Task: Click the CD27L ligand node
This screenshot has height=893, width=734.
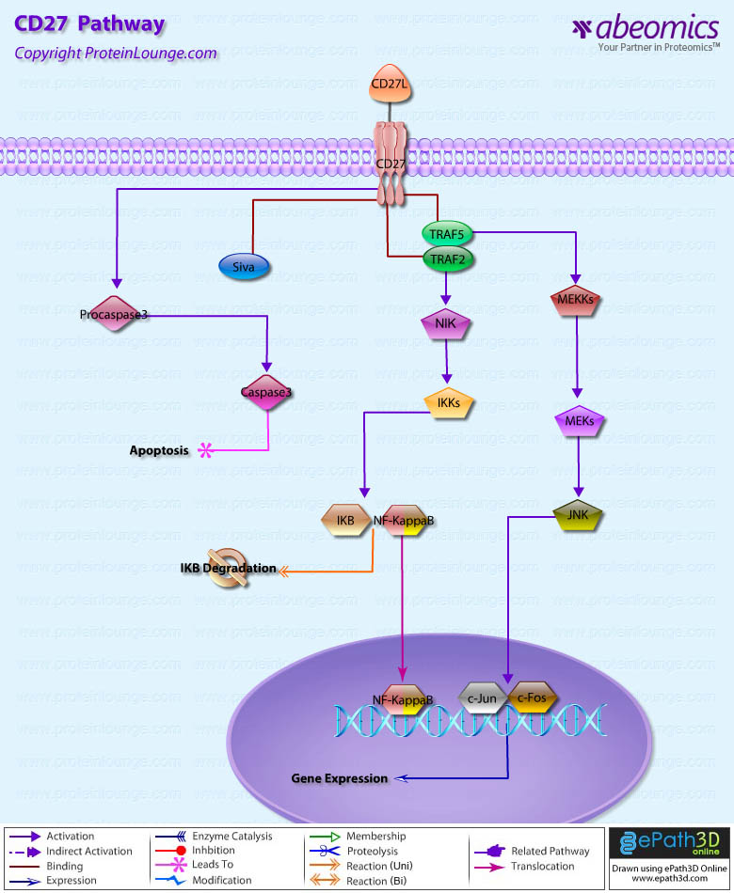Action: [388, 86]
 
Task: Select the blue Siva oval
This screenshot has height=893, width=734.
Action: [245, 266]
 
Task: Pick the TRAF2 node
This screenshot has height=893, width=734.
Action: [447, 258]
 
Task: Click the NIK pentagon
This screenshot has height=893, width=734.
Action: [445, 323]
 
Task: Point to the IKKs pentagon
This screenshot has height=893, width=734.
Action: [448, 403]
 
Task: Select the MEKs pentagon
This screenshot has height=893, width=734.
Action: [580, 422]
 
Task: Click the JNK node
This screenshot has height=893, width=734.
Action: [578, 515]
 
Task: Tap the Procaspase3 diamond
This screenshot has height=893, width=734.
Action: [114, 314]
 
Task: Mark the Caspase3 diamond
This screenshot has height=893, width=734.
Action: [266, 393]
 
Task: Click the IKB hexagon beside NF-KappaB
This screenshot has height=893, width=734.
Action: [345, 520]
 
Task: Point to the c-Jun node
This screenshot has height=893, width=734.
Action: [483, 697]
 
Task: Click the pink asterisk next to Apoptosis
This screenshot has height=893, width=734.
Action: [206, 450]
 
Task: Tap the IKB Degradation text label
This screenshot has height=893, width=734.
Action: [229, 569]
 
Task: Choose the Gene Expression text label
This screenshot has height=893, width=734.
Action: [339, 778]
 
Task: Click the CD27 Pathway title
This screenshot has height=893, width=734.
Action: [89, 24]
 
